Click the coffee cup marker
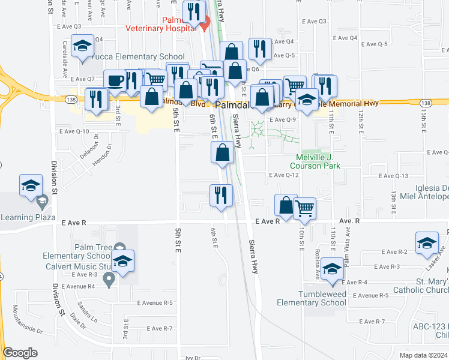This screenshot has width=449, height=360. pos(115,81)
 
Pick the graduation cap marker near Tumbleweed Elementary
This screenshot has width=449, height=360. pos(332,269)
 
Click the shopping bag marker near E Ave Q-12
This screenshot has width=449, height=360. pos(223,153)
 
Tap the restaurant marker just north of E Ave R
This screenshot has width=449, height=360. pos(221,196)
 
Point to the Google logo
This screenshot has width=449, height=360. pos(20,353)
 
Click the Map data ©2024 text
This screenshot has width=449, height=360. pos(424,355)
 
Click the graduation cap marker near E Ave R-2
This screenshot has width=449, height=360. pos(427,242)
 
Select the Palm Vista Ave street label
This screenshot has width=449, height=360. pos(346,251)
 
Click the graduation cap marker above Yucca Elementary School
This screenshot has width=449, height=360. pos(82,46)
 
